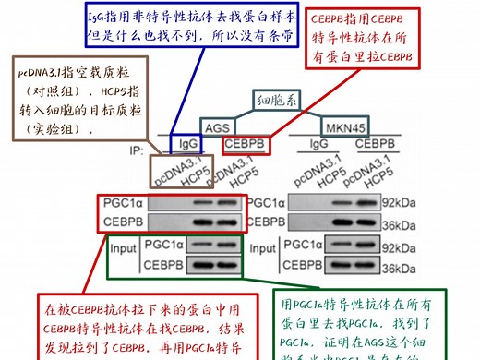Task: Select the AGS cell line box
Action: pos(217,128)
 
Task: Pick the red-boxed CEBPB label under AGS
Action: pos(246,145)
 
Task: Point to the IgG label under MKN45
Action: pos(319,145)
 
